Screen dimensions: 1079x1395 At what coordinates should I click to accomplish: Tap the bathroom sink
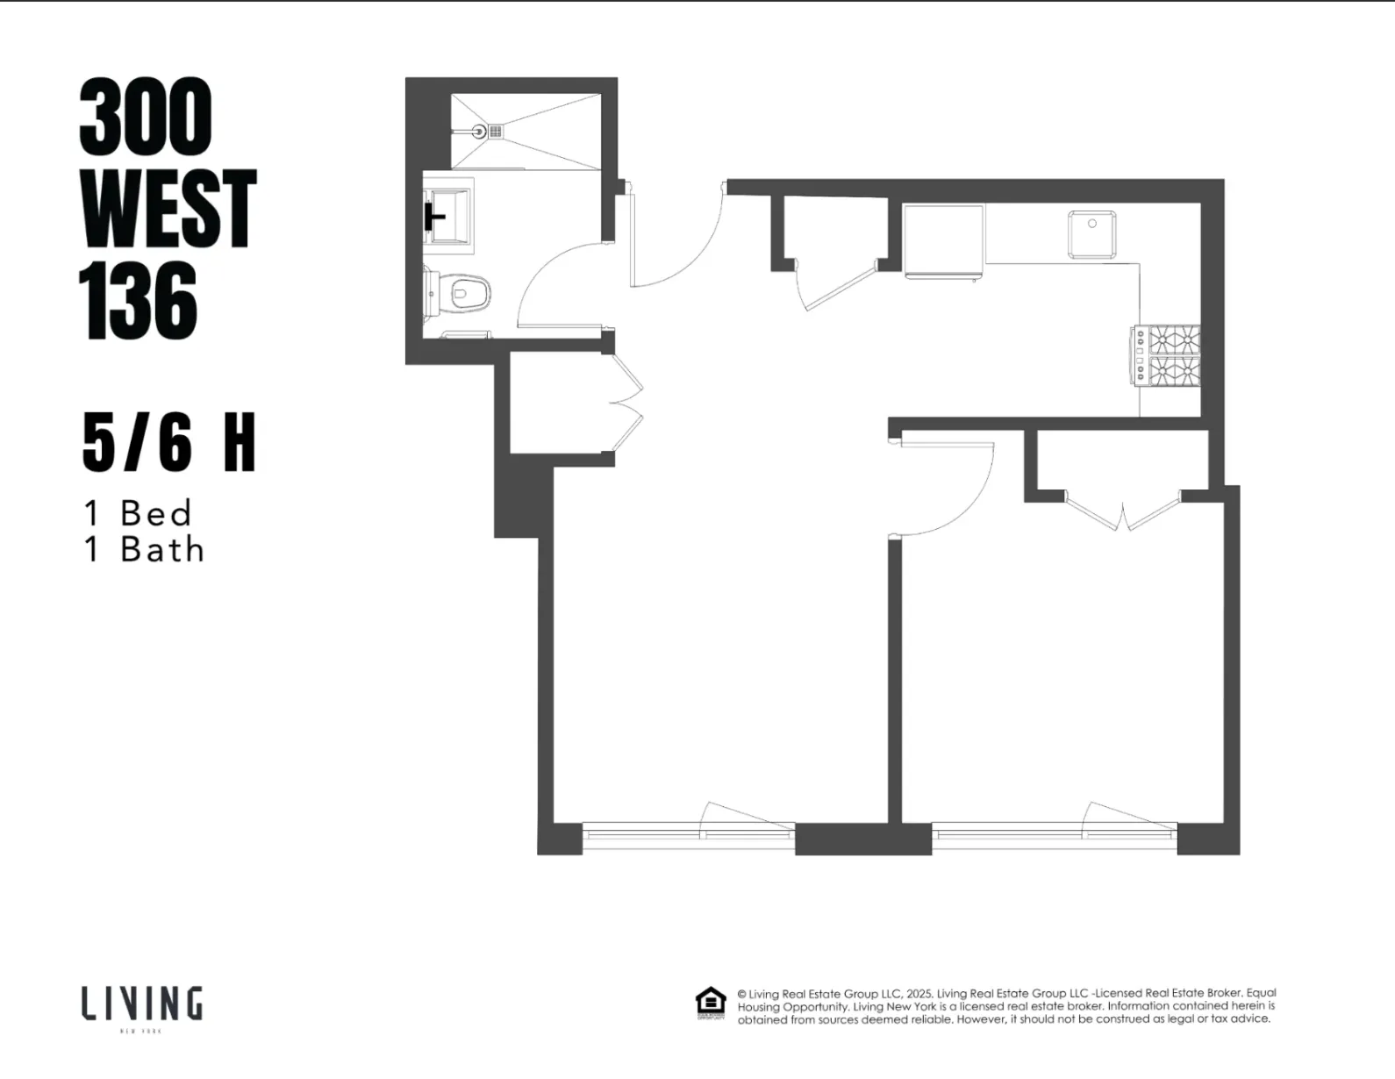[449, 215]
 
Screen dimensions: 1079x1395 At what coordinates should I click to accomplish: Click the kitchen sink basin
[1092, 234]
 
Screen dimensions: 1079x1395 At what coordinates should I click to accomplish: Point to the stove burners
[1170, 355]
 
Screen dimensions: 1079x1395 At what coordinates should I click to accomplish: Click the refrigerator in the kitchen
[943, 240]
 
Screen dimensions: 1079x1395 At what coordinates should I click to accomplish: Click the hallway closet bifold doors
[627, 404]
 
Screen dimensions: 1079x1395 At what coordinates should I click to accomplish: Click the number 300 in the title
[146, 117]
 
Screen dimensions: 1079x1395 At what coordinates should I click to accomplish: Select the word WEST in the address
[168, 209]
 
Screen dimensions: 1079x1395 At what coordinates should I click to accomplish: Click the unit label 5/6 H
[168, 443]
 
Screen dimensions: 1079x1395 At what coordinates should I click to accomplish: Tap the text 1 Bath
[144, 550]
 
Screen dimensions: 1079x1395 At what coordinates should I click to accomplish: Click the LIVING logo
[142, 1004]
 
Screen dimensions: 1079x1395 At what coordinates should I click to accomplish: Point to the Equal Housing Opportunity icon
[710, 1002]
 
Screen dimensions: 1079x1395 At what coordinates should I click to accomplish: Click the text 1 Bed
[138, 513]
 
